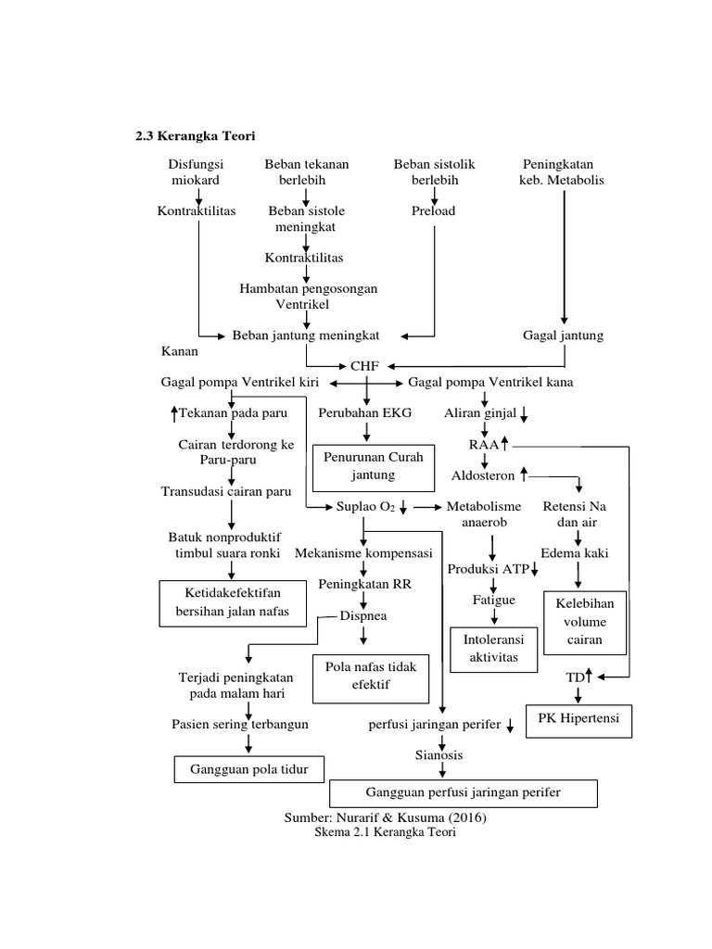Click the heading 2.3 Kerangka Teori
(196, 136)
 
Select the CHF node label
(364, 365)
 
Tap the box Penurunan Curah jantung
(373, 467)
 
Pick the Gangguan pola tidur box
(249, 768)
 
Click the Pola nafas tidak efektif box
(371, 676)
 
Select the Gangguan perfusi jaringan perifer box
(464, 792)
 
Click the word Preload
(434, 210)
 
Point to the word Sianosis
(439, 754)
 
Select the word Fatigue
(493, 600)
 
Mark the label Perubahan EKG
(364, 411)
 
